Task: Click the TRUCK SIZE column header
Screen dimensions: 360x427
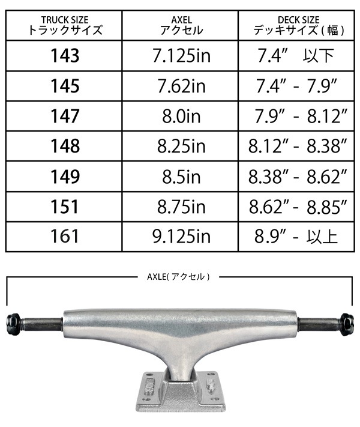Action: click(65, 25)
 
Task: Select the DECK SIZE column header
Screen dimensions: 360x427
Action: click(299, 25)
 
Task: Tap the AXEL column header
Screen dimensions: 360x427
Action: click(181, 25)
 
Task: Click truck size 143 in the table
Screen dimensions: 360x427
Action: click(65, 56)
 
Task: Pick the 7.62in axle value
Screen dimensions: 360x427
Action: click(181, 86)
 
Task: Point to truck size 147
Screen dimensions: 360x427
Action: click(65, 116)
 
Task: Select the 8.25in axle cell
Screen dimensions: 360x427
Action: click(181, 146)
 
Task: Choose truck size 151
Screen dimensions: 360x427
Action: click(65, 207)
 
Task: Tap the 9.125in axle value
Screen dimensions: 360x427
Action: click(181, 237)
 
